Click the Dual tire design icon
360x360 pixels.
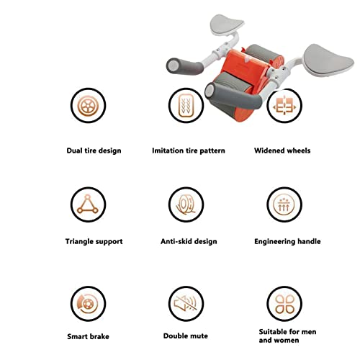(88, 105)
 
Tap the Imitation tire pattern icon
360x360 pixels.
(186, 105)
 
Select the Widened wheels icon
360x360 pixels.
(284, 105)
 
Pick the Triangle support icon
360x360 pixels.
(88, 204)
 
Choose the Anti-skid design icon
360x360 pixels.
(186, 204)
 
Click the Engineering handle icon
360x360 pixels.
(284, 204)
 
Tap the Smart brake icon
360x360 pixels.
(88, 304)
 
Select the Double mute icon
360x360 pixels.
(186, 304)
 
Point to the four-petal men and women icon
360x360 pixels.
(284, 304)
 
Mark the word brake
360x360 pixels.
(99, 336)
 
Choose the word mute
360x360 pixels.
(197, 336)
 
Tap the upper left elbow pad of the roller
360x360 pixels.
(227, 24)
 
